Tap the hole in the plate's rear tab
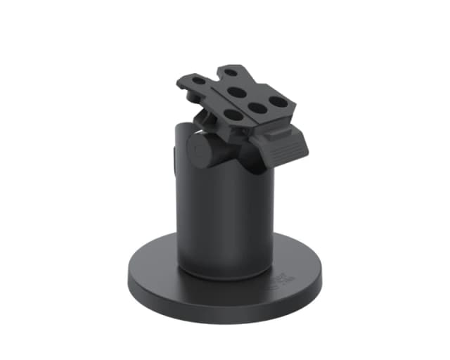pyautogui.click(x=231, y=72)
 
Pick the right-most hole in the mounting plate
pyautogui.click(x=279, y=101)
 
